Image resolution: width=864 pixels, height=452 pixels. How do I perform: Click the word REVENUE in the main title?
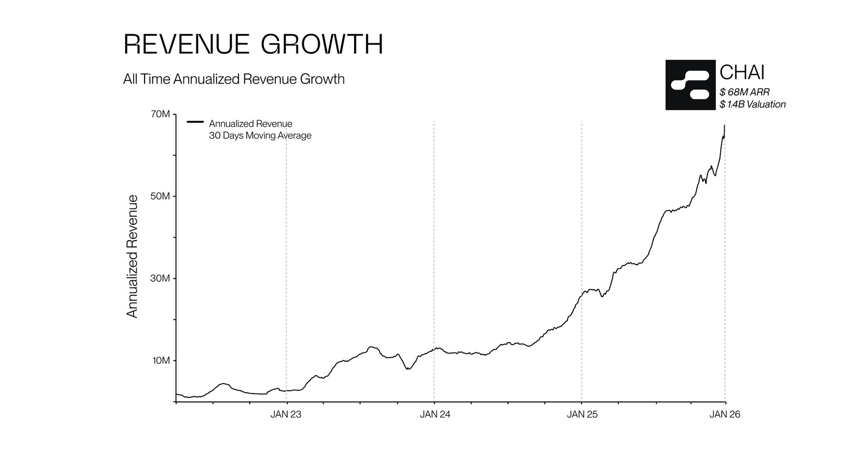(x=186, y=45)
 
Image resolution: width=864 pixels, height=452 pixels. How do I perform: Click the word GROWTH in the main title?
(x=322, y=45)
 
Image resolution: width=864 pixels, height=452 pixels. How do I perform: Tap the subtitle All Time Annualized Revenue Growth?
(x=234, y=79)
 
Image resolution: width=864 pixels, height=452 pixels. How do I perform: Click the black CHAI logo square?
(x=690, y=85)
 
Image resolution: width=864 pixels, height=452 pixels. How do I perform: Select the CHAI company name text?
(x=742, y=72)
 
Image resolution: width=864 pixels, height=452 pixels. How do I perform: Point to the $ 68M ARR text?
(x=744, y=92)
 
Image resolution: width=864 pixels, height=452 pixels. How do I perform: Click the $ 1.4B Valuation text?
(x=752, y=104)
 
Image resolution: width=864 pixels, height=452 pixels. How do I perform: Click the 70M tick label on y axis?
(x=161, y=114)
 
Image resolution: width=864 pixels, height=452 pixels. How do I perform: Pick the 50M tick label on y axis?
(x=161, y=197)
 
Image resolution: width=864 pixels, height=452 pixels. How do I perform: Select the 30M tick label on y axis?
(x=161, y=278)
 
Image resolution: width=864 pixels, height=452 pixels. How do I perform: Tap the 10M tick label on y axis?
(x=161, y=361)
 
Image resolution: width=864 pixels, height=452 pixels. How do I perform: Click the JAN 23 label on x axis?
(x=286, y=415)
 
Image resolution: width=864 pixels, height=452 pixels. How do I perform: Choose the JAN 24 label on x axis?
(x=435, y=415)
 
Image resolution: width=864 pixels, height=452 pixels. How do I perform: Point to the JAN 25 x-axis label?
(x=582, y=415)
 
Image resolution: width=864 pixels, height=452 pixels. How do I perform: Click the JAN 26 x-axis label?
(x=724, y=415)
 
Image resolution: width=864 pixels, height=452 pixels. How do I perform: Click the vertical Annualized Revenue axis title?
(x=132, y=256)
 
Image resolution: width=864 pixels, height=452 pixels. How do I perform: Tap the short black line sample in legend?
(x=195, y=122)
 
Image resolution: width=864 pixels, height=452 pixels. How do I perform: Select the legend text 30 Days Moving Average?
(x=260, y=135)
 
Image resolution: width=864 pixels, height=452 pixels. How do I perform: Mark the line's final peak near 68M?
(x=724, y=125)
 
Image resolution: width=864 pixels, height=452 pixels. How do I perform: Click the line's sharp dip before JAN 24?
(x=408, y=369)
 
